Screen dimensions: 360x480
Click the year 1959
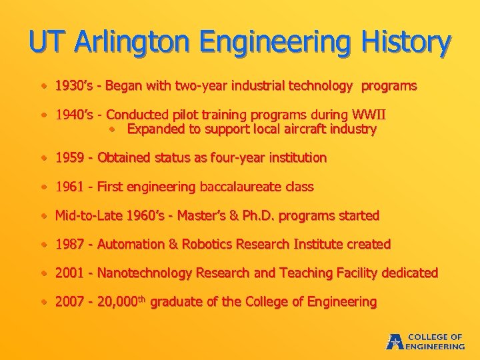pos(69,158)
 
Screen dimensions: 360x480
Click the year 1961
pos(69,187)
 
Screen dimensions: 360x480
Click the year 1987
pos(69,244)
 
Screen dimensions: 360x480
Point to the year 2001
pos(69,273)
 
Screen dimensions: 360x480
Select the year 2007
pos(69,301)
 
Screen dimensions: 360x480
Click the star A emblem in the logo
pos(394,341)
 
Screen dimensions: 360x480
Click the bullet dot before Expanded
pos(113,129)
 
